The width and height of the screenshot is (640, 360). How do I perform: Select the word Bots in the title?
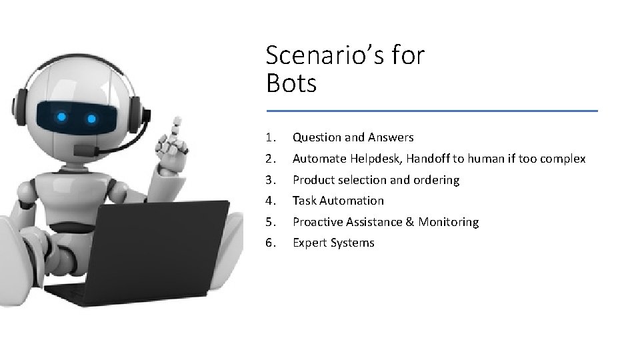pyautogui.click(x=291, y=84)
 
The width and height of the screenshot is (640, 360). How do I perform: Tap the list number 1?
pyautogui.click(x=269, y=138)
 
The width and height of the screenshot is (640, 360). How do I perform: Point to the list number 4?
pyautogui.click(x=269, y=201)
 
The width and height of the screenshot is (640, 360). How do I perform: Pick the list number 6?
pyautogui.click(x=269, y=243)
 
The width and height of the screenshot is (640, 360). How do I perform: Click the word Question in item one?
pyautogui.click(x=317, y=138)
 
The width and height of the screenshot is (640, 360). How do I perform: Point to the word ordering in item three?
pyautogui.click(x=436, y=180)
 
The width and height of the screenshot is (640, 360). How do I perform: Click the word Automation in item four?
pyautogui.click(x=353, y=201)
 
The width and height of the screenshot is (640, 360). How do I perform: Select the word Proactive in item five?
pyautogui.click(x=317, y=222)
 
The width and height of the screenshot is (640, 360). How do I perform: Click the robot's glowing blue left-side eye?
pyautogui.click(x=62, y=117)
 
